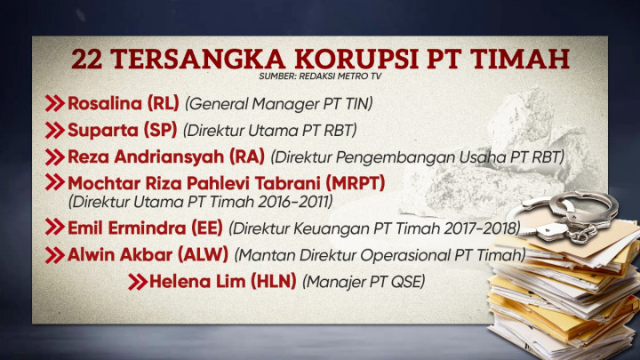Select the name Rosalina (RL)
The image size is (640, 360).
pos(124,103)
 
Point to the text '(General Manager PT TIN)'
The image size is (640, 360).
pos(278,104)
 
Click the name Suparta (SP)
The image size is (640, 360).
pos(123,130)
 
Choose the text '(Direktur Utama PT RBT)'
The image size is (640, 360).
pos(269,131)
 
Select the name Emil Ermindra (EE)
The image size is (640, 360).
pos(145,228)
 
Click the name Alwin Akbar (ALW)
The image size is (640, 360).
pos(148,255)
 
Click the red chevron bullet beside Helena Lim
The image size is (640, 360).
pos(137,282)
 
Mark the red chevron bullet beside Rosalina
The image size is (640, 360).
pos(55,103)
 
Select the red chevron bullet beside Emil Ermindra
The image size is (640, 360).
pos(55,228)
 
